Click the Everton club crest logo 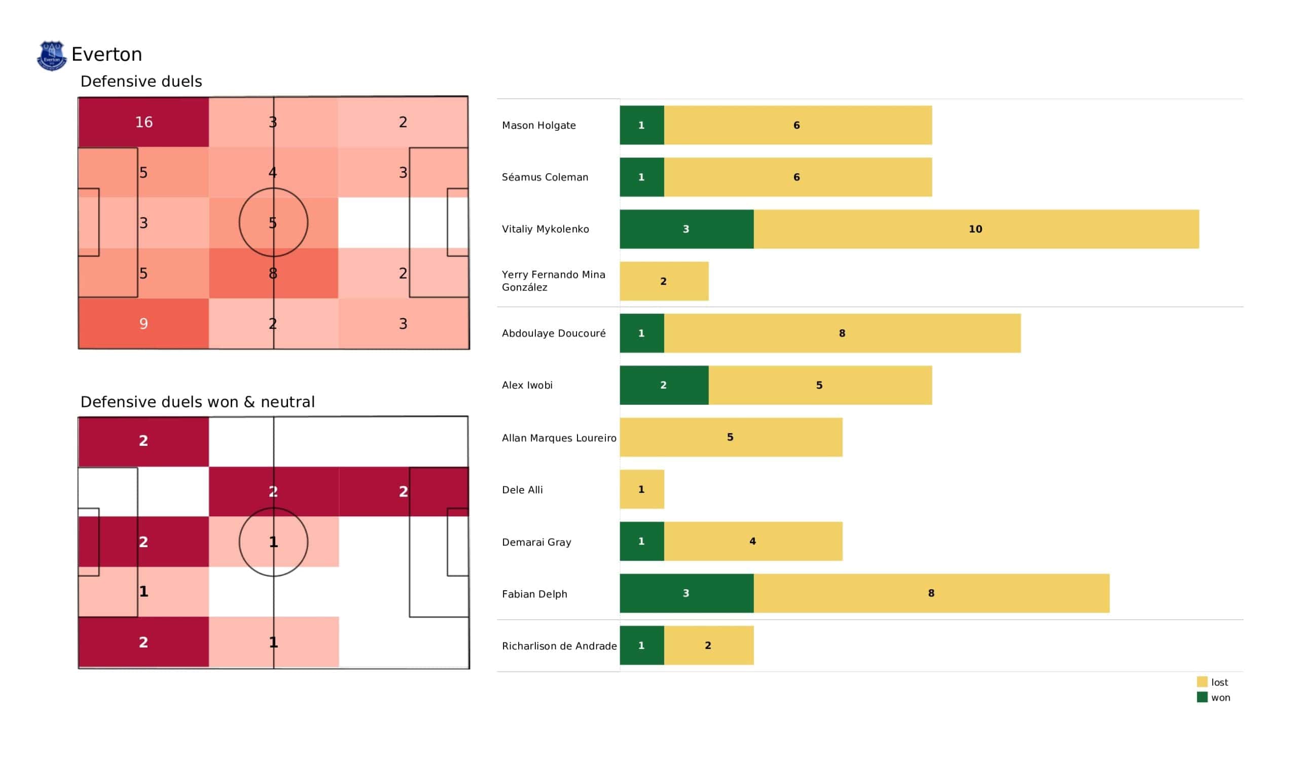click(x=52, y=56)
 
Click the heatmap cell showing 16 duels click(x=143, y=122)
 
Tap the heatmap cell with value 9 click(x=143, y=323)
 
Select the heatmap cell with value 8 click(x=273, y=273)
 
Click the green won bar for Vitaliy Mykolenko click(x=687, y=229)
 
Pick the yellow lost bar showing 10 click(x=976, y=229)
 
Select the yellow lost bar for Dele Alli click(x=642, y=489)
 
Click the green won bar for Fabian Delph click(x=687, y=593)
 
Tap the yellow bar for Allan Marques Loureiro click(x=731, y=437)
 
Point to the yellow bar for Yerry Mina click(x=664, y=281)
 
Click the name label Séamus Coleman click(x=545, y=177)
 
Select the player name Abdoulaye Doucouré click(x=554, y=333)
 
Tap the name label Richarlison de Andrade click(x=559, y=645)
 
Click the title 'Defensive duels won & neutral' click(x=197, y=402)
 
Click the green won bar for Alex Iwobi click(x=664, y=385)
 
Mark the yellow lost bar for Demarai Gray click(x=753, y=541)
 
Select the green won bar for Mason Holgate click(x=642, y=125)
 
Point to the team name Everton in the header click(x=106, y=55)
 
